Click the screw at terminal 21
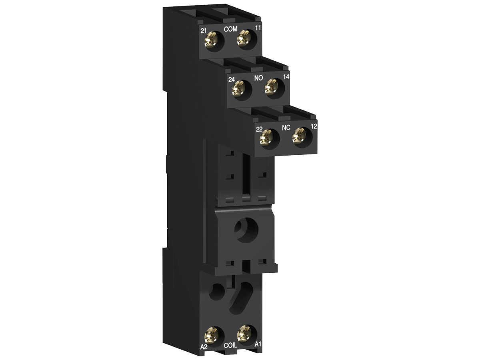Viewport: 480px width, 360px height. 209,40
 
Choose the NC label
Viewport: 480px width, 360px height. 286,128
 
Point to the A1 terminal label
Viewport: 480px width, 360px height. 258,344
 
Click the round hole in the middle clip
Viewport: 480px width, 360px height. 244,230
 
